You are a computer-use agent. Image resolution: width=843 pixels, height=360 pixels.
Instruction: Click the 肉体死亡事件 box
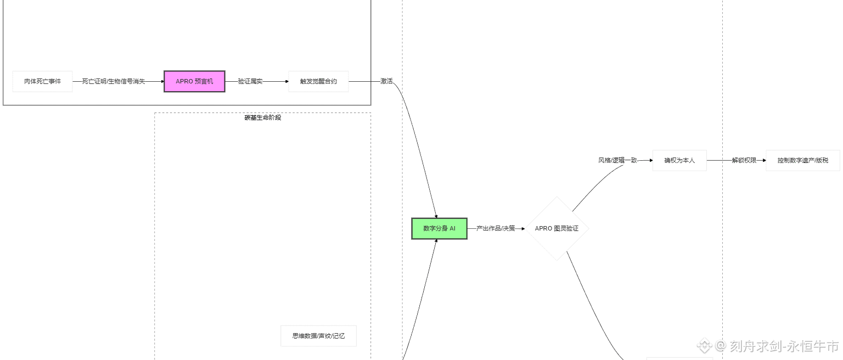(x=42, y=81)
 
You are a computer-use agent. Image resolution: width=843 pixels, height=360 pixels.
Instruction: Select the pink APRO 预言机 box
(x=194, y=81)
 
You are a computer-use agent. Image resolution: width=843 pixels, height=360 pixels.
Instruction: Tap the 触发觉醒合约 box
(x=318, y=81)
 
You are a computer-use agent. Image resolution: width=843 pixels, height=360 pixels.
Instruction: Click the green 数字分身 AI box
(x=439, y=228)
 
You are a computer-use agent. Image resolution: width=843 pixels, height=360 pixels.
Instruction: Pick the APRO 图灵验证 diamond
(x=557, y=228)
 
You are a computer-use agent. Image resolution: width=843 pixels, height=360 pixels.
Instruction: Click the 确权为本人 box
(x=679, y=160)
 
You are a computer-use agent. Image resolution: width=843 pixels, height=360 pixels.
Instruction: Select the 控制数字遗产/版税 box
(x=802, y=160)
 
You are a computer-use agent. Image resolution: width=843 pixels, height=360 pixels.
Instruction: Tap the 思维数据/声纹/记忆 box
(x=318, y=336)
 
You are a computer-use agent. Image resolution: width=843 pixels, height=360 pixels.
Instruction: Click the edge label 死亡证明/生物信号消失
(x=114, y=81)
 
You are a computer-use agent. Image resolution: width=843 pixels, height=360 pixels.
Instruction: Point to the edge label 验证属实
(x=250, y=81)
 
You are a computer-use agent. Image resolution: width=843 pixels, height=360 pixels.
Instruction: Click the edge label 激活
(x=386, y=81)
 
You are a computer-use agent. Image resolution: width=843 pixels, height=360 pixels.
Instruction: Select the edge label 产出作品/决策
(x=496, y=228)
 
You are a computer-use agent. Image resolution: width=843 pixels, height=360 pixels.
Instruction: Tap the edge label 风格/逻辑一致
(x=617, y=160)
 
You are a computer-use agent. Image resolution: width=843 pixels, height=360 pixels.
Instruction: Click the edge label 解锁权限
(x=744, y=160)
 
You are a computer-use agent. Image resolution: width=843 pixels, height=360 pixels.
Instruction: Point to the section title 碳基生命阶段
(x=263, y=117)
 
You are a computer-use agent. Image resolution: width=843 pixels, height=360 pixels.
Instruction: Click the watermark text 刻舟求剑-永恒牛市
(x=784, y=346)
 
